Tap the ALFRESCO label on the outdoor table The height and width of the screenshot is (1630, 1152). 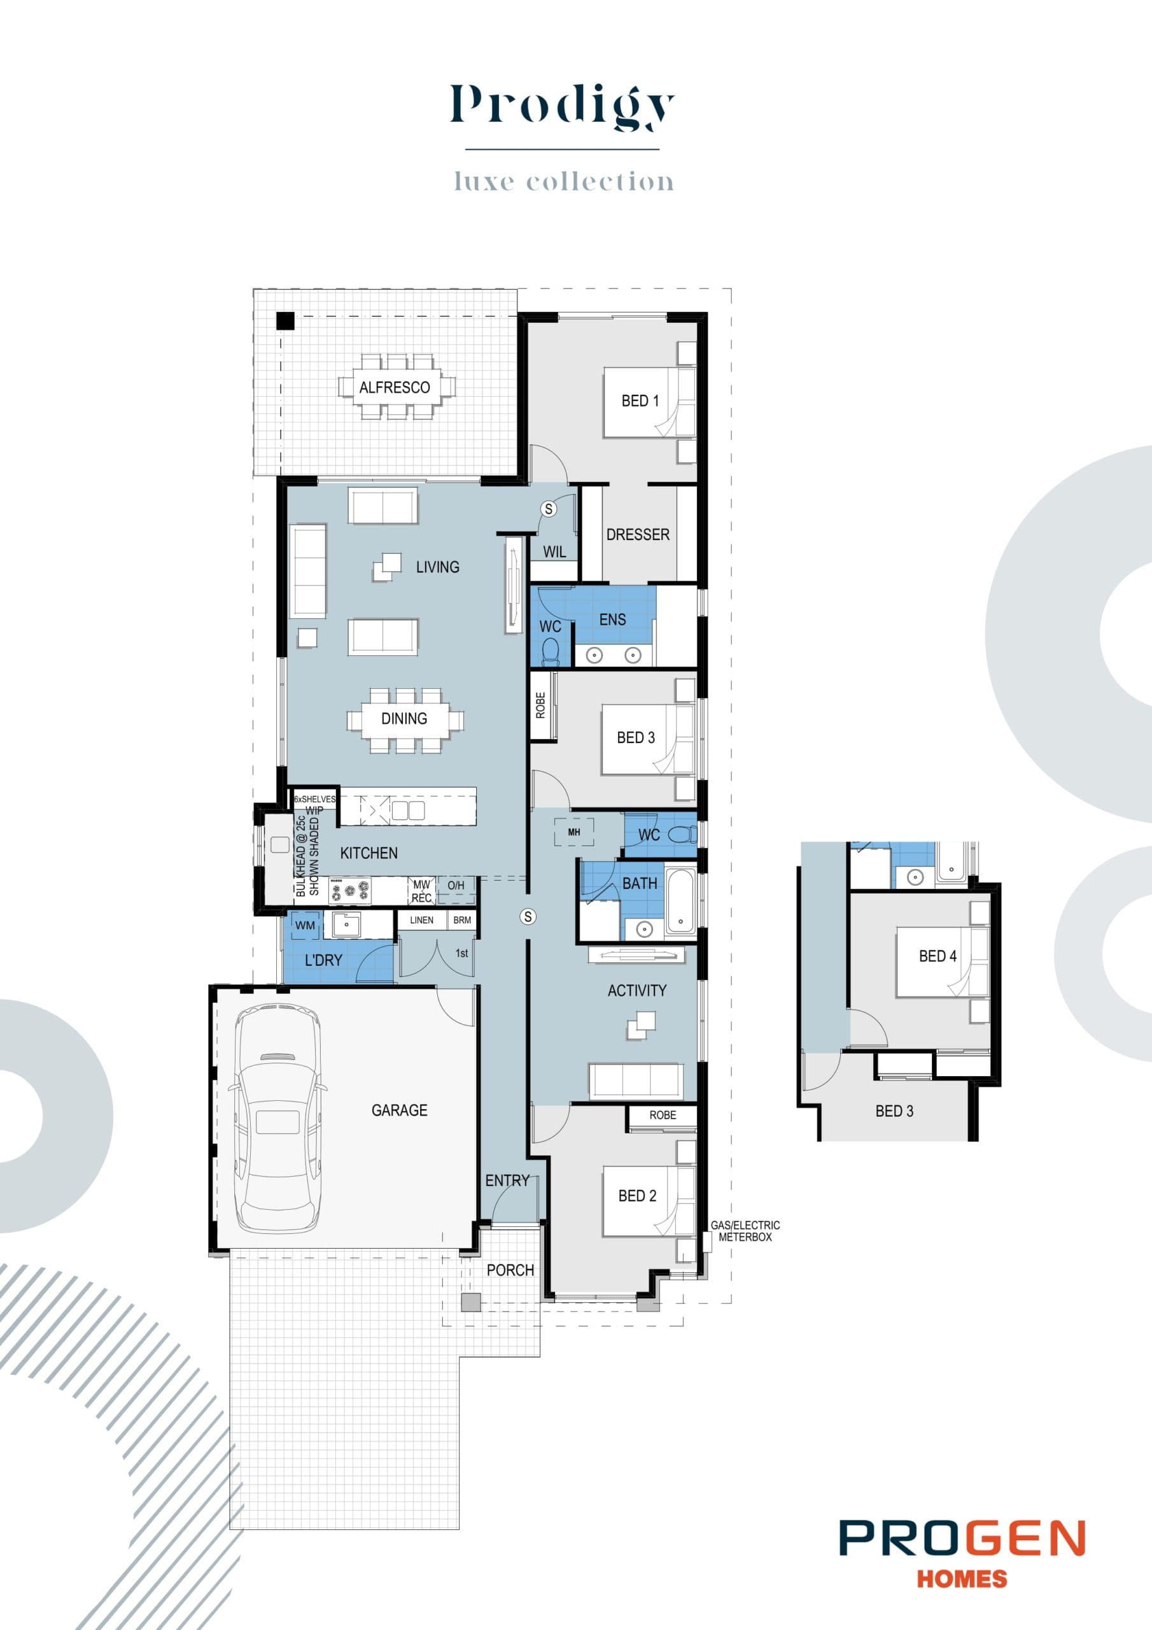(394, 388)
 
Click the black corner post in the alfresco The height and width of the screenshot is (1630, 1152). (285, 321)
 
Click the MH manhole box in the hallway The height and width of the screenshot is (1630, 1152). (573, 832)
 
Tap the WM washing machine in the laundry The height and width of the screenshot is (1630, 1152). (306, 926)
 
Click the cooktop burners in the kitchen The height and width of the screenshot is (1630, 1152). (349, 891)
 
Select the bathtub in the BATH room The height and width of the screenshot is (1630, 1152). (680, 903)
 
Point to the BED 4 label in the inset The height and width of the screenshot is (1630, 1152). (937, 956)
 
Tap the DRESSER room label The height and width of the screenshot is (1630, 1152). (637, 535)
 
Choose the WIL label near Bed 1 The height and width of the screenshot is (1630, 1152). (554, 552)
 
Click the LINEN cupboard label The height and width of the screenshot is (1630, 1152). (421, 920)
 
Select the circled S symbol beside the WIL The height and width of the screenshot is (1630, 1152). (548, 508)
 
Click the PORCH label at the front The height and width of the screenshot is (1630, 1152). (510, 1270)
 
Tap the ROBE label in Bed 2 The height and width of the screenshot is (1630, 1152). (662, 1116)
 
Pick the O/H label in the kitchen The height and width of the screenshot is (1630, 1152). (456, 886)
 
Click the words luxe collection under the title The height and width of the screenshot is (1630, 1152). (563, 181)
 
